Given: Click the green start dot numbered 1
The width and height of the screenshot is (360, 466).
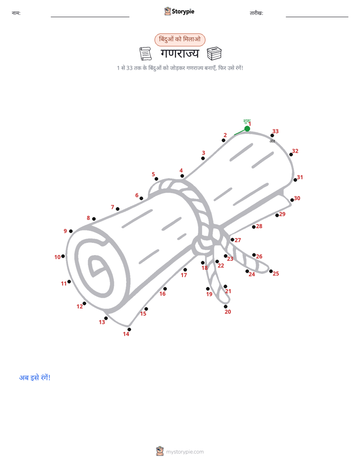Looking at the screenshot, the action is click(x=247, y=129).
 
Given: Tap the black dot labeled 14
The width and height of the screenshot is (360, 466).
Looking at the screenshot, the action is click(x=129, y=329).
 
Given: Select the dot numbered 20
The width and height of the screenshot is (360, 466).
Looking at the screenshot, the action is click(x=226, y=307).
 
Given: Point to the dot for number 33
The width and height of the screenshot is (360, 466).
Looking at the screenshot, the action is click(x=272, y=136).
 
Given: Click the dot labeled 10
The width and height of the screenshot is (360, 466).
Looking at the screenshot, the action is click(x=63, y=256).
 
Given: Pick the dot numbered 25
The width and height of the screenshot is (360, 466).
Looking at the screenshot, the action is click(x=271, y=271).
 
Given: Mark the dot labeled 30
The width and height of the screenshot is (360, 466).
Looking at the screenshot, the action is click(x=292, y=200).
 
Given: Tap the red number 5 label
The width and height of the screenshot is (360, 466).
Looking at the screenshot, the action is click(x=153, y=174).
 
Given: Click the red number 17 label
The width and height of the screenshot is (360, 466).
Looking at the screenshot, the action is click(x=184, y=275).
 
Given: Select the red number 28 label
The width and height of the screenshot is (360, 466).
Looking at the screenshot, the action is click(x=259, y=226).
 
